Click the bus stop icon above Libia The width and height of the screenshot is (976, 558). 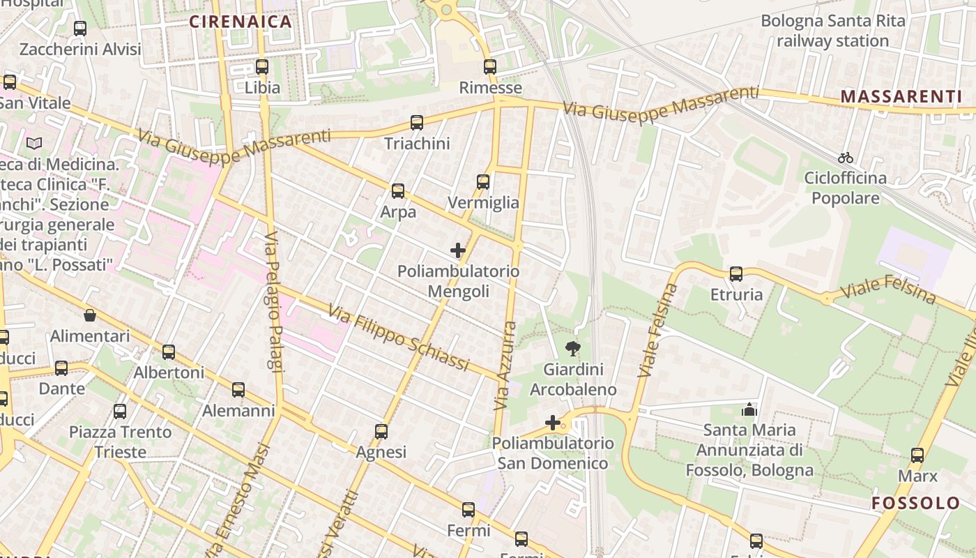[x=262, y=67]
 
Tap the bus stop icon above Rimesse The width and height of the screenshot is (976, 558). [x=490, y=67]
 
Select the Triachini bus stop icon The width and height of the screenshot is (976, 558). [x=417, y=123]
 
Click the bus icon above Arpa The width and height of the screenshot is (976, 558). [x=398, y=190]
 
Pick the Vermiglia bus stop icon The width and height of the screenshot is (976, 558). [x=483, y=182]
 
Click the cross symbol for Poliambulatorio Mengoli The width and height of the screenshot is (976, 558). [x=458, y=250]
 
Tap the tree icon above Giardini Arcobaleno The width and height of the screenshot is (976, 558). [x=573, y=348]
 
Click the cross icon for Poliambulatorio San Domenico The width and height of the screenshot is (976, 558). [x=553, y=423]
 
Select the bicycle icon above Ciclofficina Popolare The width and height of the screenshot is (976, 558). [x=846, y=158]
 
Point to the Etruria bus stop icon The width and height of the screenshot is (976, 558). [x=736, y=274]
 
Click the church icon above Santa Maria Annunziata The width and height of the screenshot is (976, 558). [x=749, y=409]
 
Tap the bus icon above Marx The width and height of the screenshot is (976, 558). [x=917, y=455]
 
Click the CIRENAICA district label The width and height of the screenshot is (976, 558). [x=241, y=22]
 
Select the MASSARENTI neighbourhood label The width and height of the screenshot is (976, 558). [x=901, y=96]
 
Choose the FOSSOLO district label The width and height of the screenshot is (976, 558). [x=916, y=503]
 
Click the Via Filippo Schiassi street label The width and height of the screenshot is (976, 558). [x=398, y=339]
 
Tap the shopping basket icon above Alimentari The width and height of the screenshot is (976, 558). [x=90, y=316]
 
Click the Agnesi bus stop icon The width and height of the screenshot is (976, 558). [x=381, y=432]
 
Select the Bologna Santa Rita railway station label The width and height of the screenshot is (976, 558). [x=832, y=31]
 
